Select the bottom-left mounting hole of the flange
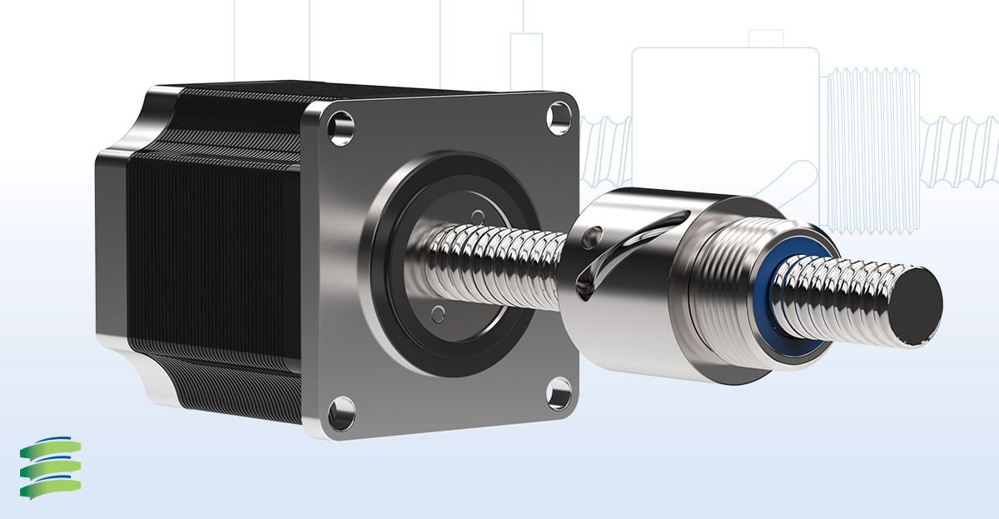(341, 413)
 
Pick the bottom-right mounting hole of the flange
(559, 392)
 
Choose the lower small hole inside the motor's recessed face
(439, 313)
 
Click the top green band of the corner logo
(52, 447)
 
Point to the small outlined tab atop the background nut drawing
(765, 38)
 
